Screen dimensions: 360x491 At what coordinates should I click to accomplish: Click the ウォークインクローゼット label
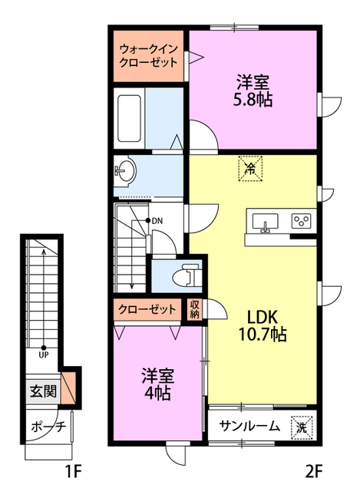point(148,56)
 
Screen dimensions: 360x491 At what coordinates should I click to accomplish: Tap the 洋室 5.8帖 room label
point(253,91)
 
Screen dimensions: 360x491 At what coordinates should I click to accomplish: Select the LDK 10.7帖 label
point(263,325)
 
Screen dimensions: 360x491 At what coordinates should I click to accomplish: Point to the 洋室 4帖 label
point(157,384)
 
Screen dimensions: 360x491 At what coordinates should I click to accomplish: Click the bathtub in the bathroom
point(129,118)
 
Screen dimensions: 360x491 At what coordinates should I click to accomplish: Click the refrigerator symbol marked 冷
point(250,169)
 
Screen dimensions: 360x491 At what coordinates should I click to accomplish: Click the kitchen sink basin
point(265,222)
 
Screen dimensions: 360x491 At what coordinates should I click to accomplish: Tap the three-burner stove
point(301,221)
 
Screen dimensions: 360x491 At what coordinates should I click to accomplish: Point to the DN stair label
point(157,221)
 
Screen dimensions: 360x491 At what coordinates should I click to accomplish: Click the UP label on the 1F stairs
point(44,354)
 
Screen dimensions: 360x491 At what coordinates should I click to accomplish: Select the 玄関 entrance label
point(43,391)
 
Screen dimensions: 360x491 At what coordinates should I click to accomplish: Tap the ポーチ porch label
point(48,427)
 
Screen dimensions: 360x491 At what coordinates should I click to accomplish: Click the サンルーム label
point(249,427)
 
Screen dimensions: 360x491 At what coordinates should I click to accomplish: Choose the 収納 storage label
point(194,309)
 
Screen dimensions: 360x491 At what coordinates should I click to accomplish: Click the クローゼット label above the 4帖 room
point(147,309)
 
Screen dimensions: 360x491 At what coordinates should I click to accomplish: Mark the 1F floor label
point(74,471)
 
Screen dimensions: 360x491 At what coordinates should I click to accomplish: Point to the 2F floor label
point(314,471)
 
